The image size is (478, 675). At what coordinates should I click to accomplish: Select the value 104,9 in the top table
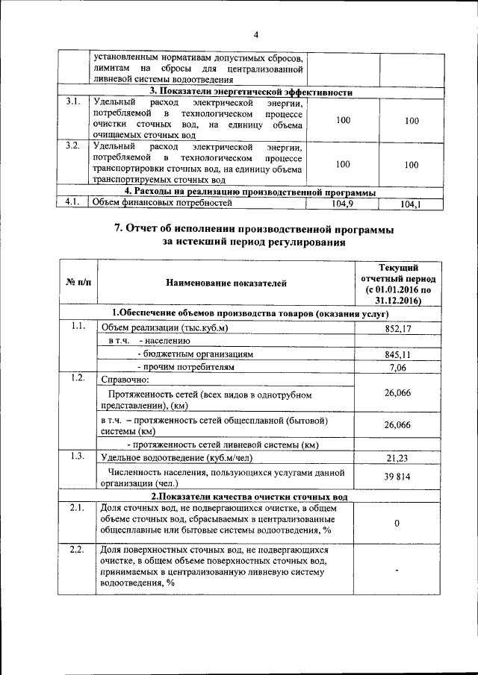pos(343,202)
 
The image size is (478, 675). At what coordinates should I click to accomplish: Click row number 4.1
pos(72,201)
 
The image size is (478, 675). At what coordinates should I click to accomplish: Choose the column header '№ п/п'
pos(78,283)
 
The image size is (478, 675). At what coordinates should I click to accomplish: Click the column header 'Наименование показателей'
pos(225,283)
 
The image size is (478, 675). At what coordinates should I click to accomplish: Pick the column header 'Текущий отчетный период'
pos(388,283)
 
